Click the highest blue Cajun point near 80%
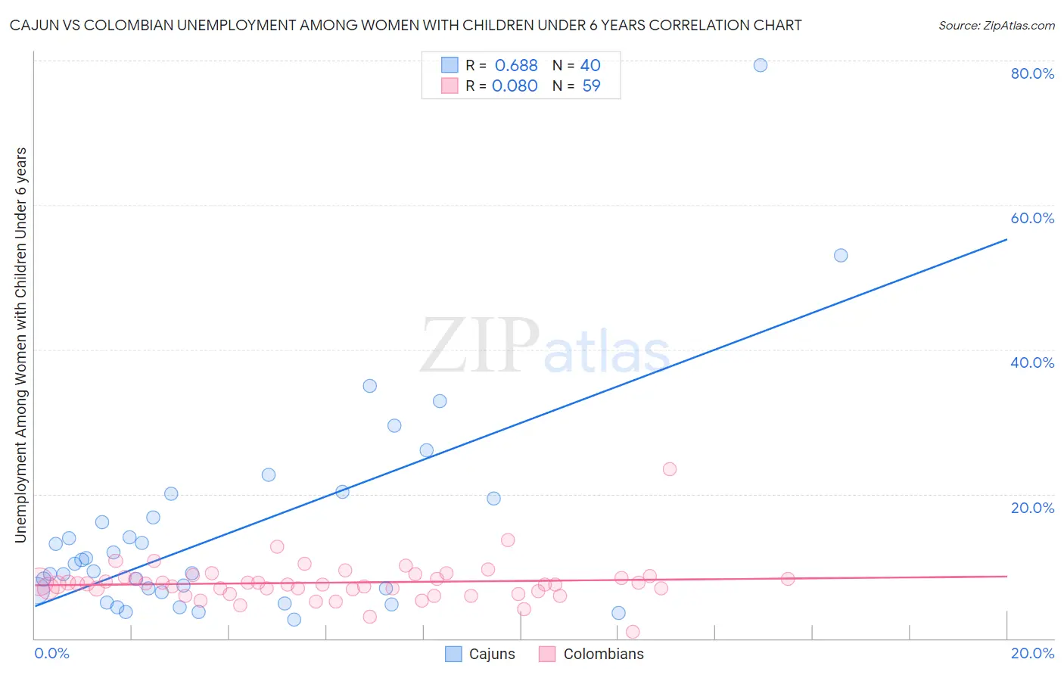tap(761, 65)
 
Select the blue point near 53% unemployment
tap(841, 255)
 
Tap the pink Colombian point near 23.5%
tap(669, 469)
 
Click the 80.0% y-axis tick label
tap(1032, 73)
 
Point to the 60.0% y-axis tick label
tap(1032, 218)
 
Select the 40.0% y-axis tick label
tap(1032, 362)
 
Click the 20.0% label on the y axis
tap(1032, 508)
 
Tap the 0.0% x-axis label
tap(51, 653)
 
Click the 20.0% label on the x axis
tap(1032, 653)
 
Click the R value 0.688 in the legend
tap(516, 66)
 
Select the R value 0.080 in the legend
tap(515, 86)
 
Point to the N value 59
tap(591, 86)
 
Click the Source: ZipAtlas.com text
tap(996, 26)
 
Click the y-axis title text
tap(21, 344)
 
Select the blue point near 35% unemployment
tap(369, 386)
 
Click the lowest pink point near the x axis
tap(633, 632)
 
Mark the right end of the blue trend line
tap(1006, 239)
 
